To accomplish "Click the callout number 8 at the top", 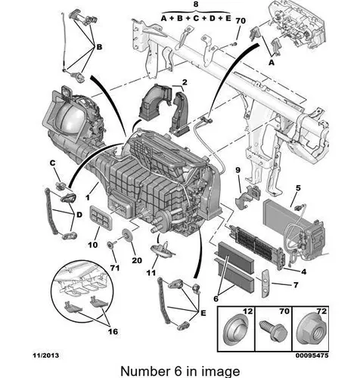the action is coord(196,5).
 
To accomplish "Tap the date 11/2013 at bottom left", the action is coord(46,355).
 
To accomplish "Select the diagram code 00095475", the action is coord(312,355).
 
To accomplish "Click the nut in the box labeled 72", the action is coord(311,330).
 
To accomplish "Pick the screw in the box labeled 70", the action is coord(273,330).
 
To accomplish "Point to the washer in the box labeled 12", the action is coord(236,330).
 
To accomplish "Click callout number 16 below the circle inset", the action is coord(113,331).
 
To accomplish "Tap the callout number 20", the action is coord(137,260).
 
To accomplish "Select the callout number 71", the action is coord(115,268).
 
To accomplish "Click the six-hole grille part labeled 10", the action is coord(101,217).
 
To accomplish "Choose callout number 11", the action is coord(151,273).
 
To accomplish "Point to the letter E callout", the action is coord(203,313).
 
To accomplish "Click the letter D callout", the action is coord(79,215).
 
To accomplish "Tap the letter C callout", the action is coord(52,163).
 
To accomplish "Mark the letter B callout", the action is coord(99,47).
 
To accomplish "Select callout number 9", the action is coord(238,170).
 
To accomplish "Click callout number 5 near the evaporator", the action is coord(298,187).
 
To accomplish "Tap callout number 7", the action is coord(296,285).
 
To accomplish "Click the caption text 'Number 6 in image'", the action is coord(180,371).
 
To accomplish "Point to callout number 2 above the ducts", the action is coord(185,82).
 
